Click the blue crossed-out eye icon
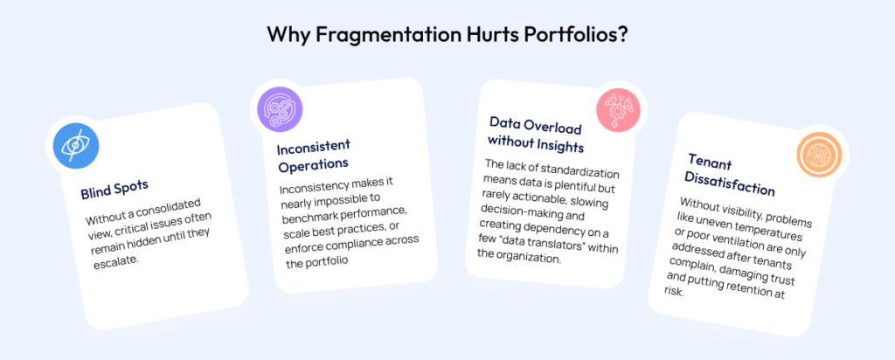[73, 147]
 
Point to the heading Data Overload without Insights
[536, 135]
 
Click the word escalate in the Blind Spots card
[116, 263]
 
